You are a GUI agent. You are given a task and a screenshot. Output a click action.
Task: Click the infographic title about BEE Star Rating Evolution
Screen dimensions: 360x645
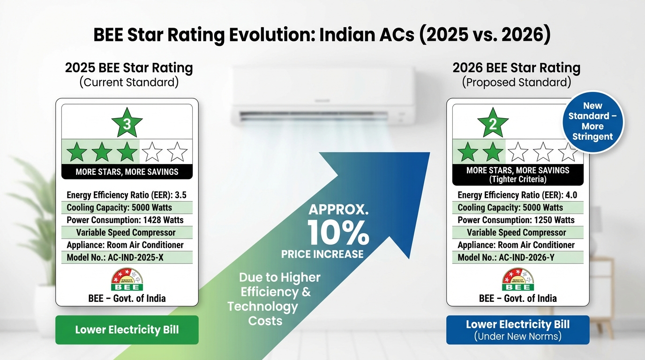(x=322, y=36)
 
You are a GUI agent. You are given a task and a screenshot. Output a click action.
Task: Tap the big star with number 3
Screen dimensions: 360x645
(x=127, y=123)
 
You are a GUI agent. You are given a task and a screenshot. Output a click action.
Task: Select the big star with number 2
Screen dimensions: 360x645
(x=493, y=123)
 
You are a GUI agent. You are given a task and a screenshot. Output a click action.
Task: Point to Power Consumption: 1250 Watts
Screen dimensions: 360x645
(x=516, y=220)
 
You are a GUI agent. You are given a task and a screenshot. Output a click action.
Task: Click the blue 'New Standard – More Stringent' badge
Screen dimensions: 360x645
(x=592, y=121)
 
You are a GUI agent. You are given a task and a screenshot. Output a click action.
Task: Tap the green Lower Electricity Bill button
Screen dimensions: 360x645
(x=127, y=330)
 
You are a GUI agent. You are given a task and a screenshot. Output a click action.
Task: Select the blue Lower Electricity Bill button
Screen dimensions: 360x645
(x=517, y=330)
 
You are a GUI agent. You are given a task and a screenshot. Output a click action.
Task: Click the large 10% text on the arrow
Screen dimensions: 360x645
(x=338, y=233)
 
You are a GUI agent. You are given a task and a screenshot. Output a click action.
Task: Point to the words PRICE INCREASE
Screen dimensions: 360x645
(x=322, y=254)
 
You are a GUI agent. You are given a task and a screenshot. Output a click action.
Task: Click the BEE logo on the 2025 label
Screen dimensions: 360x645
(x=127, y=279)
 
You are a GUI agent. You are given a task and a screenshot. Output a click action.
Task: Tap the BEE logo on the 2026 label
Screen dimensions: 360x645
(x=517, y=279)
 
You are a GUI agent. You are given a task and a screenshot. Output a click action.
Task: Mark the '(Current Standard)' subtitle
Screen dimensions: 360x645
(x=128, y=82)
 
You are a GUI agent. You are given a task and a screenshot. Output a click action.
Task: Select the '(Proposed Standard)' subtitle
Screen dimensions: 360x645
(x=517, y=82)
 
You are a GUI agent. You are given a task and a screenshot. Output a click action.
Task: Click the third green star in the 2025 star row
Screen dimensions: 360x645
(x=127, y=152)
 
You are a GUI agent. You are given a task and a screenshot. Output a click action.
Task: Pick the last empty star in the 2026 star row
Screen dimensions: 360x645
(x=568, y=152)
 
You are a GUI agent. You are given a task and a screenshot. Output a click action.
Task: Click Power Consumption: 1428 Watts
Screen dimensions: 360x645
(x=125, y=220)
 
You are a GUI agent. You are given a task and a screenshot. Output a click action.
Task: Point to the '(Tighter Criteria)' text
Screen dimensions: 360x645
(x=517, y=179)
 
